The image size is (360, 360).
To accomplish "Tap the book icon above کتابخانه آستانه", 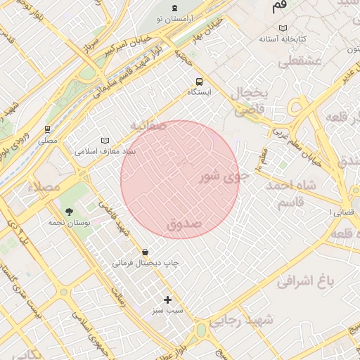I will (283, 27).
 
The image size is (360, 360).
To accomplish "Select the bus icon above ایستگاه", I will (200, 81).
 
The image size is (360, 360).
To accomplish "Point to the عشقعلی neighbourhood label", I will (300, 62).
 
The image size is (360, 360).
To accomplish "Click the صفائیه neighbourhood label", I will (148, 125).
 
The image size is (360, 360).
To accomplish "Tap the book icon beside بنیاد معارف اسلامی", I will (105, 140).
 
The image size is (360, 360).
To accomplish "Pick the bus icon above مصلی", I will (48, 129).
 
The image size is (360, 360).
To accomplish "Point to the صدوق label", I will (184, 224).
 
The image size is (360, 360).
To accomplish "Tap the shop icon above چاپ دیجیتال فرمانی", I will (145, 251).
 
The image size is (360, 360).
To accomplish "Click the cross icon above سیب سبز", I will (167, 300).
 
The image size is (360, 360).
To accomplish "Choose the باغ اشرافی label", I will (304, 282).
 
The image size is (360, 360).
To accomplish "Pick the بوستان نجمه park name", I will (67, 223).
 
